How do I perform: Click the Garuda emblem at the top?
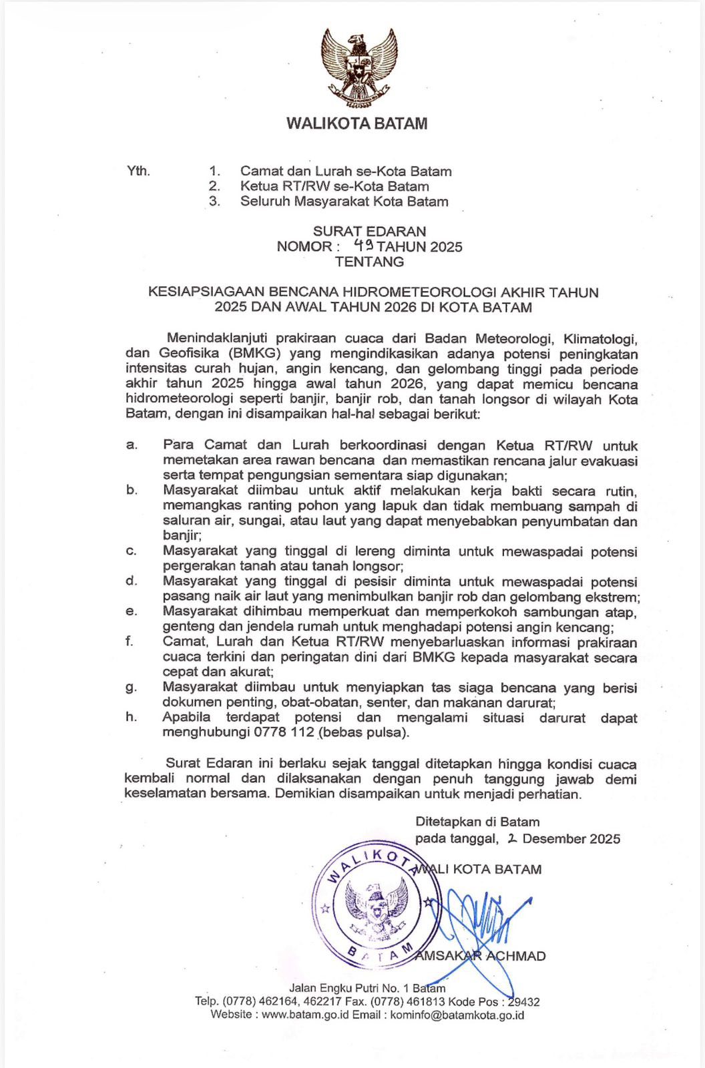(359, 69)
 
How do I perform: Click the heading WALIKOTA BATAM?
(357, 123)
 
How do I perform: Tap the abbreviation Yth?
(138, 171)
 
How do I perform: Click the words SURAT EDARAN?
(369, 231)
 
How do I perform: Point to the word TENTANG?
(369, 262)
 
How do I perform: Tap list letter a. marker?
(132, 445)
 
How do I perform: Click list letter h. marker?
(132, 717)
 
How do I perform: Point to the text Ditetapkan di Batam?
(477, 822)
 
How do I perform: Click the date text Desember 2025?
(571, 838)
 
